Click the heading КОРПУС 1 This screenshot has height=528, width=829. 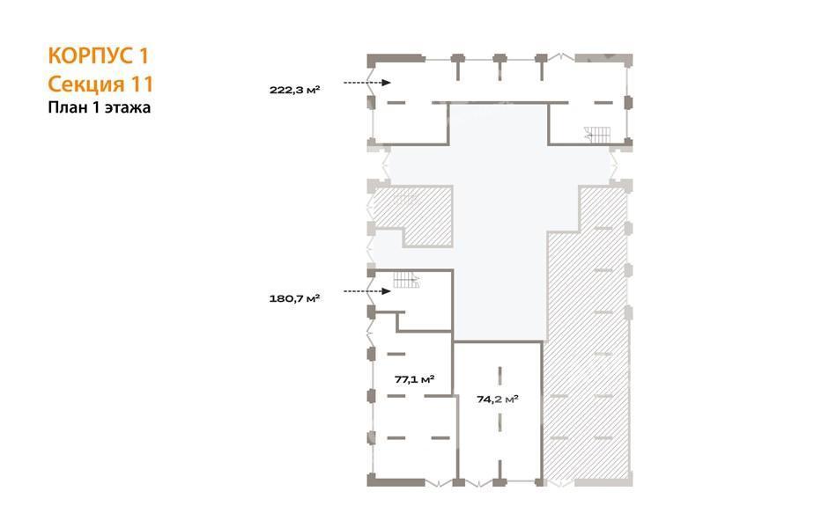[x=99, y=55]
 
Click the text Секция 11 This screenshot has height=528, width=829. [x=100, y=84]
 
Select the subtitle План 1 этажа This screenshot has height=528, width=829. [x=100, y=107]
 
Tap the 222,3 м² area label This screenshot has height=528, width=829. [x=294, y=90]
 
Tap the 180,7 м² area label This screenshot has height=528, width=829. [x=294, y=299]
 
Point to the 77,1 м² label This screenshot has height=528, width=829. [x=414, y=379]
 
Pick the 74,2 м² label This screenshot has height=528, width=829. [x=498, y=400]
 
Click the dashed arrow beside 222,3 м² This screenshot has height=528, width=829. [x=366, y=83]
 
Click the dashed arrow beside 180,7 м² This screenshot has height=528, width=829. [x=366, y=291]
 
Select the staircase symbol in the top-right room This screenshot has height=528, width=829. [x=597, y=135]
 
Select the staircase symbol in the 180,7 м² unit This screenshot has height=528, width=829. [x=406, y=279]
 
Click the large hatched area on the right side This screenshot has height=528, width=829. [x=587, y=338]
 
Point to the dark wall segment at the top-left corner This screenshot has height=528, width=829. [x=396, y=58]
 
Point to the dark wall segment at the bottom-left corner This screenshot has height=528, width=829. [x=396, y=481]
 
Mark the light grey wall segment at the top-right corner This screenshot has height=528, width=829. [x=603, y=58]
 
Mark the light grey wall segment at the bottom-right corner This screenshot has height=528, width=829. [x=603, y=482]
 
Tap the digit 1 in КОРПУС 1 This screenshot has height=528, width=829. [x=144, y=55]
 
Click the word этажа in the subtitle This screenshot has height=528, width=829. [x=128, y=108]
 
